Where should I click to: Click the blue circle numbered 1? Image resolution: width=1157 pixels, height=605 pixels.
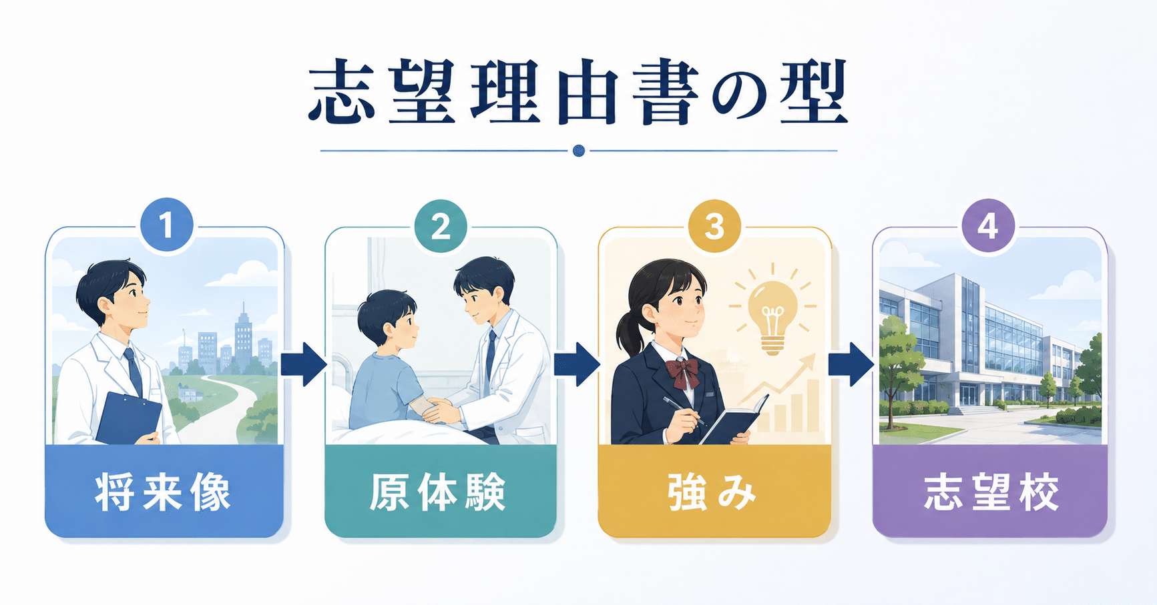point(167,225)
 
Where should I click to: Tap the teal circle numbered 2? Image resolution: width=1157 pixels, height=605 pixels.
point(441,226)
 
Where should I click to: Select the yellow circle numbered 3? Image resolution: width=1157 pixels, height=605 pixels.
point(714,226)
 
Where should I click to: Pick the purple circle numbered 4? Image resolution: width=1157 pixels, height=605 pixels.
point(988,225)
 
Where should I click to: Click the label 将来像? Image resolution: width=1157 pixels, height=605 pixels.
point(164,492)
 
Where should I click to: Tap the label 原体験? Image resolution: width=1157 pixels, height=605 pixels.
point(438,492)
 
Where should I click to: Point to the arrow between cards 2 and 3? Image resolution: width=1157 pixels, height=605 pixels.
point(577,364)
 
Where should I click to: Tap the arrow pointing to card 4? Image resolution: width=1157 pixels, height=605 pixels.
point(851,364)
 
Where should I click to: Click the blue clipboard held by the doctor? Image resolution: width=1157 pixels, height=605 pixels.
point(129,418)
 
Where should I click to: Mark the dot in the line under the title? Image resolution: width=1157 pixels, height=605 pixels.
point(579,151)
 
